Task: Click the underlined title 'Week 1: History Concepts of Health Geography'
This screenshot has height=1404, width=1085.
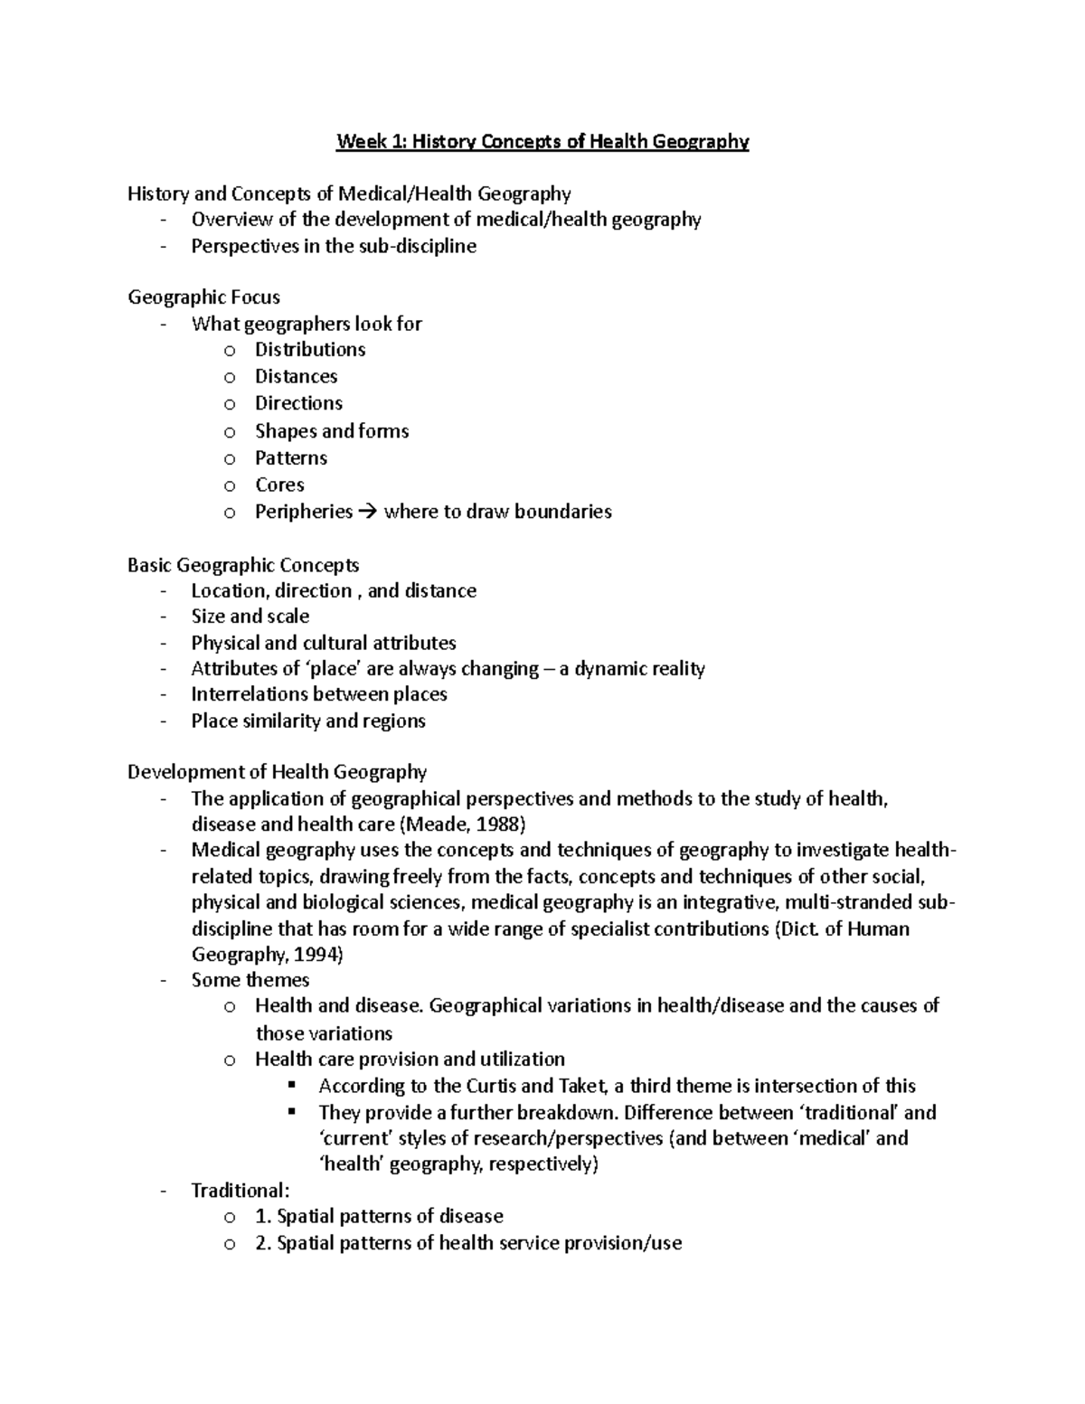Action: click(x=542, y=142)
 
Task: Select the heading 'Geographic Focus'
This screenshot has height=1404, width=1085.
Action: click(x=203, y=297)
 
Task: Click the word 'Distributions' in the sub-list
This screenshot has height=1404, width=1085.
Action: click(x=309, y=350)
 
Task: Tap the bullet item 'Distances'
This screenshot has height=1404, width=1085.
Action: click(x=296, y=376)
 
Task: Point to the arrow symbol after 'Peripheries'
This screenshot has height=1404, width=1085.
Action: click(x=366, y=512)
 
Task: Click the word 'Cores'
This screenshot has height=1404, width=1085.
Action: click(x=279, y=485)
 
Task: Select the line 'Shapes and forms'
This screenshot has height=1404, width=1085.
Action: click(x=331, y=431)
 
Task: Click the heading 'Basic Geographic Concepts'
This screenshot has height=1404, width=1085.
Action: click(x=243, y=565)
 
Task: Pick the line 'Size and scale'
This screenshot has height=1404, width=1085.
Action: click(x=250, y=617)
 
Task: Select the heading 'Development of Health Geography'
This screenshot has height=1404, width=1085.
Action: click(x=277, y=772)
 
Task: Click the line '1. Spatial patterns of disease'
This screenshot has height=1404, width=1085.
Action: click(x=379, y=1216)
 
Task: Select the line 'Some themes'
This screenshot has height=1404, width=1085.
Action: click(x=250, y=980)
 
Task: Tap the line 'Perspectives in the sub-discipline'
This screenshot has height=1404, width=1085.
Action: click(x=333, y=246)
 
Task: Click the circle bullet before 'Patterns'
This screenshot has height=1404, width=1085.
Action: click(x=230, y=458)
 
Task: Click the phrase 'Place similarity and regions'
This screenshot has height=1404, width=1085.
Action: click(x=307, y=721)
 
